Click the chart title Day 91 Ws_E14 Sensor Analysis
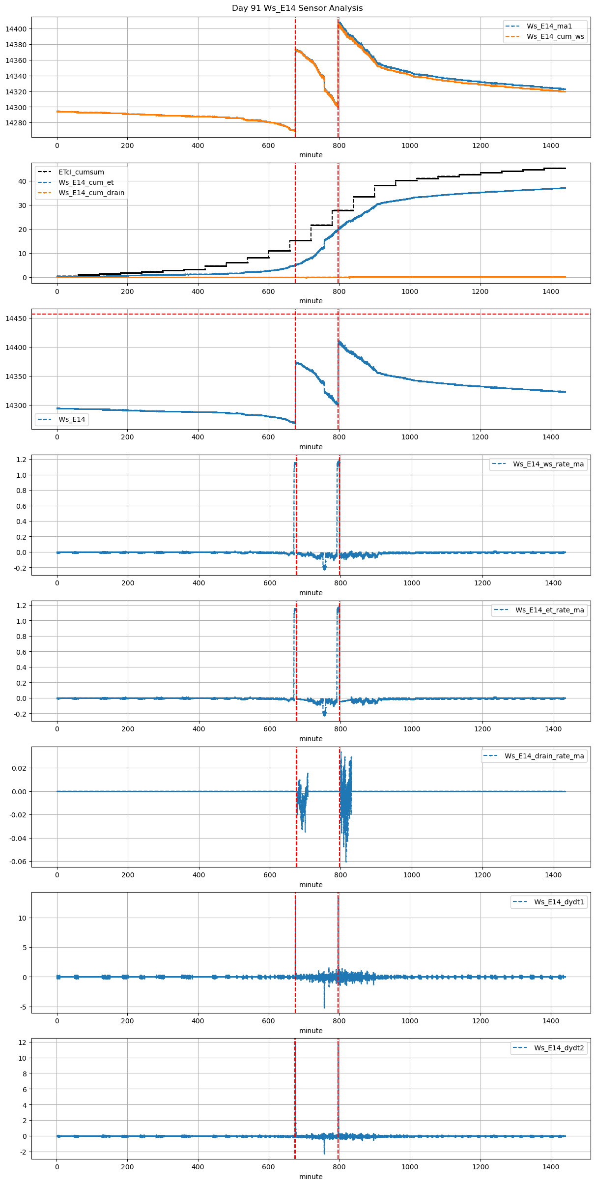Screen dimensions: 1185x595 [x=297, y=8]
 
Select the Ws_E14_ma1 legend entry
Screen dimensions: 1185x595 [x=549, y=26]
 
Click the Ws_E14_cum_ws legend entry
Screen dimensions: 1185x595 [x=555, y=36]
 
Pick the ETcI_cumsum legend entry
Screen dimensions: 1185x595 [x=81, y=172]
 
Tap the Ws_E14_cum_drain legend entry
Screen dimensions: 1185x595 [x=91, y=193]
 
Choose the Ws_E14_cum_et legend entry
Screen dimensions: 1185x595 [x=86, y=182]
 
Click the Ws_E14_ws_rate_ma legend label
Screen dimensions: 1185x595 [x=548, y=464]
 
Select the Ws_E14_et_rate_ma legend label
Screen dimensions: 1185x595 [x=549, y=610]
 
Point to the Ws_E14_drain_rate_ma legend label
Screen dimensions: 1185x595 [x=544, y=756]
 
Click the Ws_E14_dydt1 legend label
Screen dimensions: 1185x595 [x=559, y=902]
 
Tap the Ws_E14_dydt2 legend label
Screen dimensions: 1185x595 [x=559, y=1048]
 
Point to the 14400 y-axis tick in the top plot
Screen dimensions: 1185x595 [x=16, y=29]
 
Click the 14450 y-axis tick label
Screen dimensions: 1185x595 [x=16, y=318]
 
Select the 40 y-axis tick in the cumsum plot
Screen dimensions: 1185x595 [x=22, y=181]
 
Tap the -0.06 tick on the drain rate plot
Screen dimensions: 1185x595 [x=18, y=862]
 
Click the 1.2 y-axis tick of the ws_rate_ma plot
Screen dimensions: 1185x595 [x=22, y=459]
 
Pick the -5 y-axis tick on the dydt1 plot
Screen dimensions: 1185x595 [x=23, y=1007]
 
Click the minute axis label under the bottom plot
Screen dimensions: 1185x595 [x=311, y=1177]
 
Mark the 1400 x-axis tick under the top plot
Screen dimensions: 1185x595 [x=551, y=145]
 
